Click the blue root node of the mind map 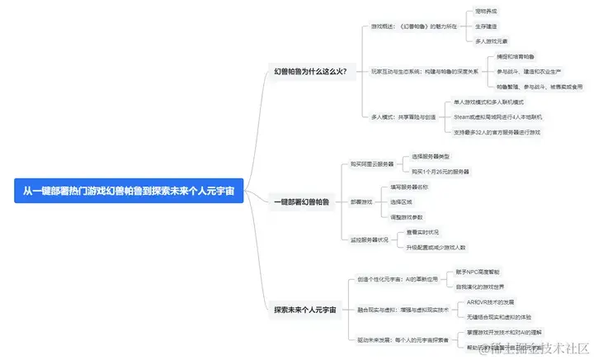[130, 192]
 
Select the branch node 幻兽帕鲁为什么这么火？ [310, 72]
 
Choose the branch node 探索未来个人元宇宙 [305, 310]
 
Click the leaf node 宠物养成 [487, 12]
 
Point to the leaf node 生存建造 [487, 26]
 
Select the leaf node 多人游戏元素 [492, 40]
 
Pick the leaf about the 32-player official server [497, 132]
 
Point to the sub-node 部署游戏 [361, 201]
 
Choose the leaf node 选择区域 [401, 201]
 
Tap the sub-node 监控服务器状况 [369, 239]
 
